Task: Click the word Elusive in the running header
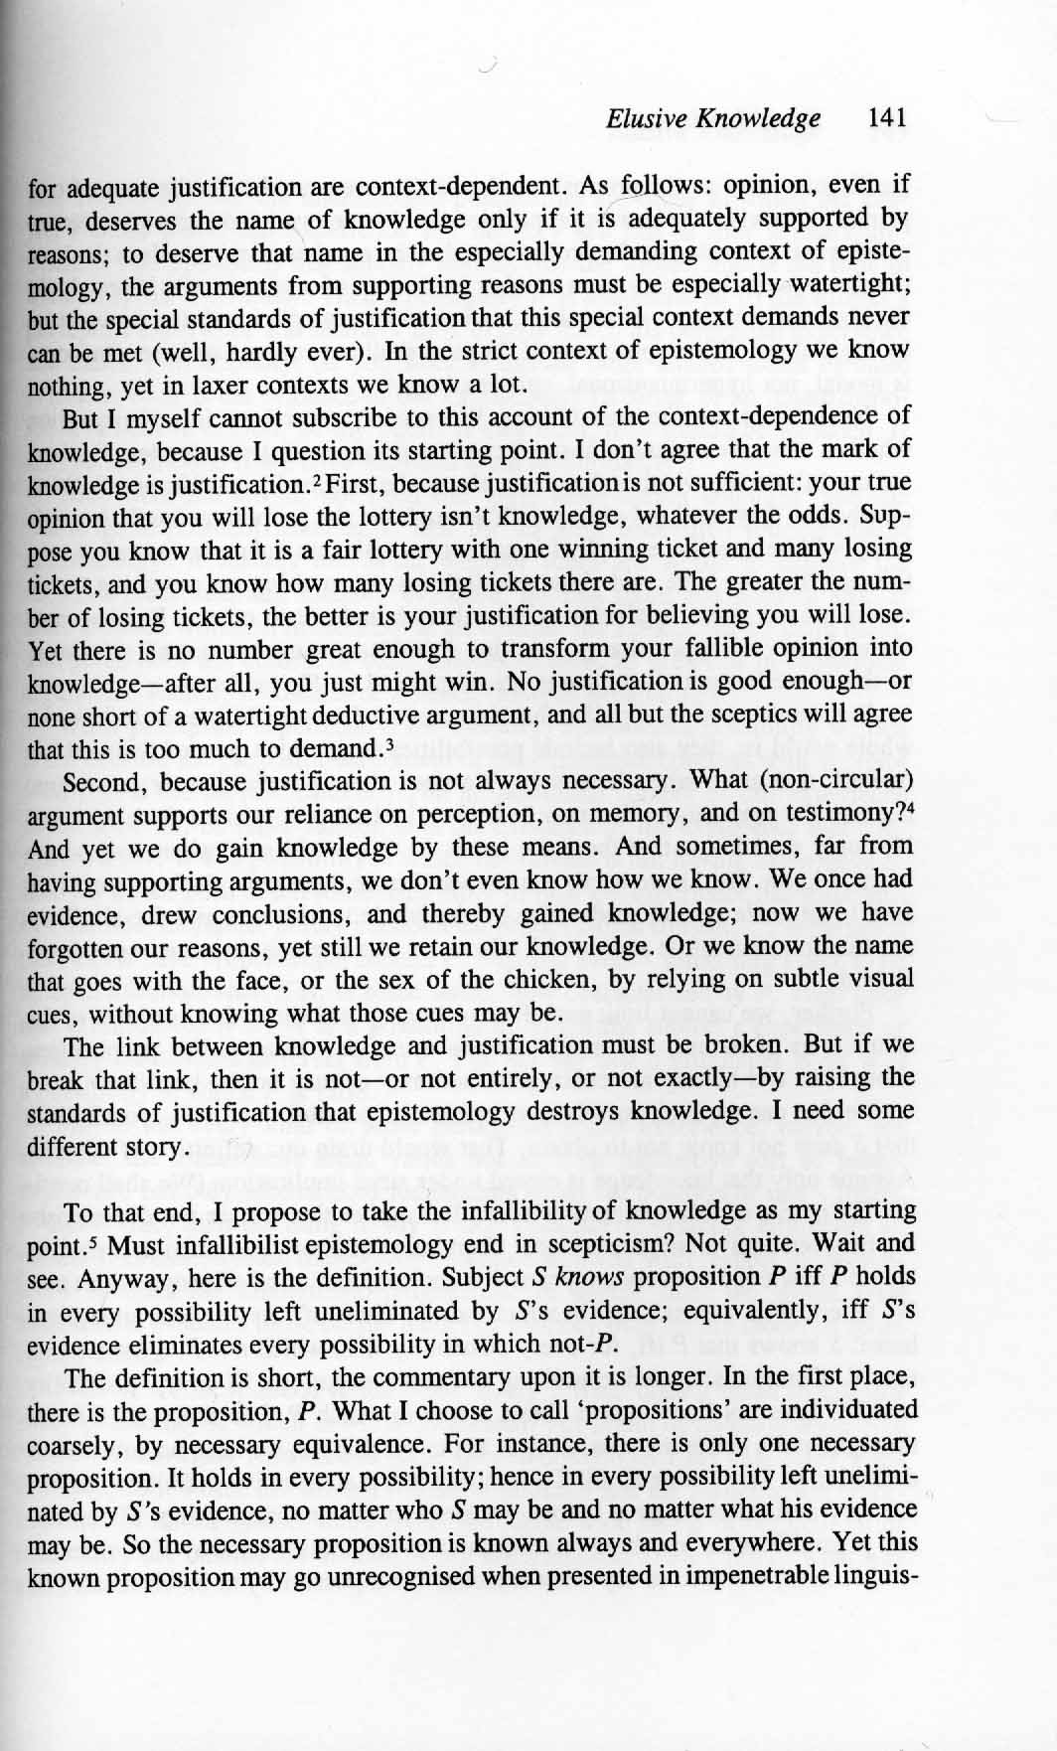pos(646,119)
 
